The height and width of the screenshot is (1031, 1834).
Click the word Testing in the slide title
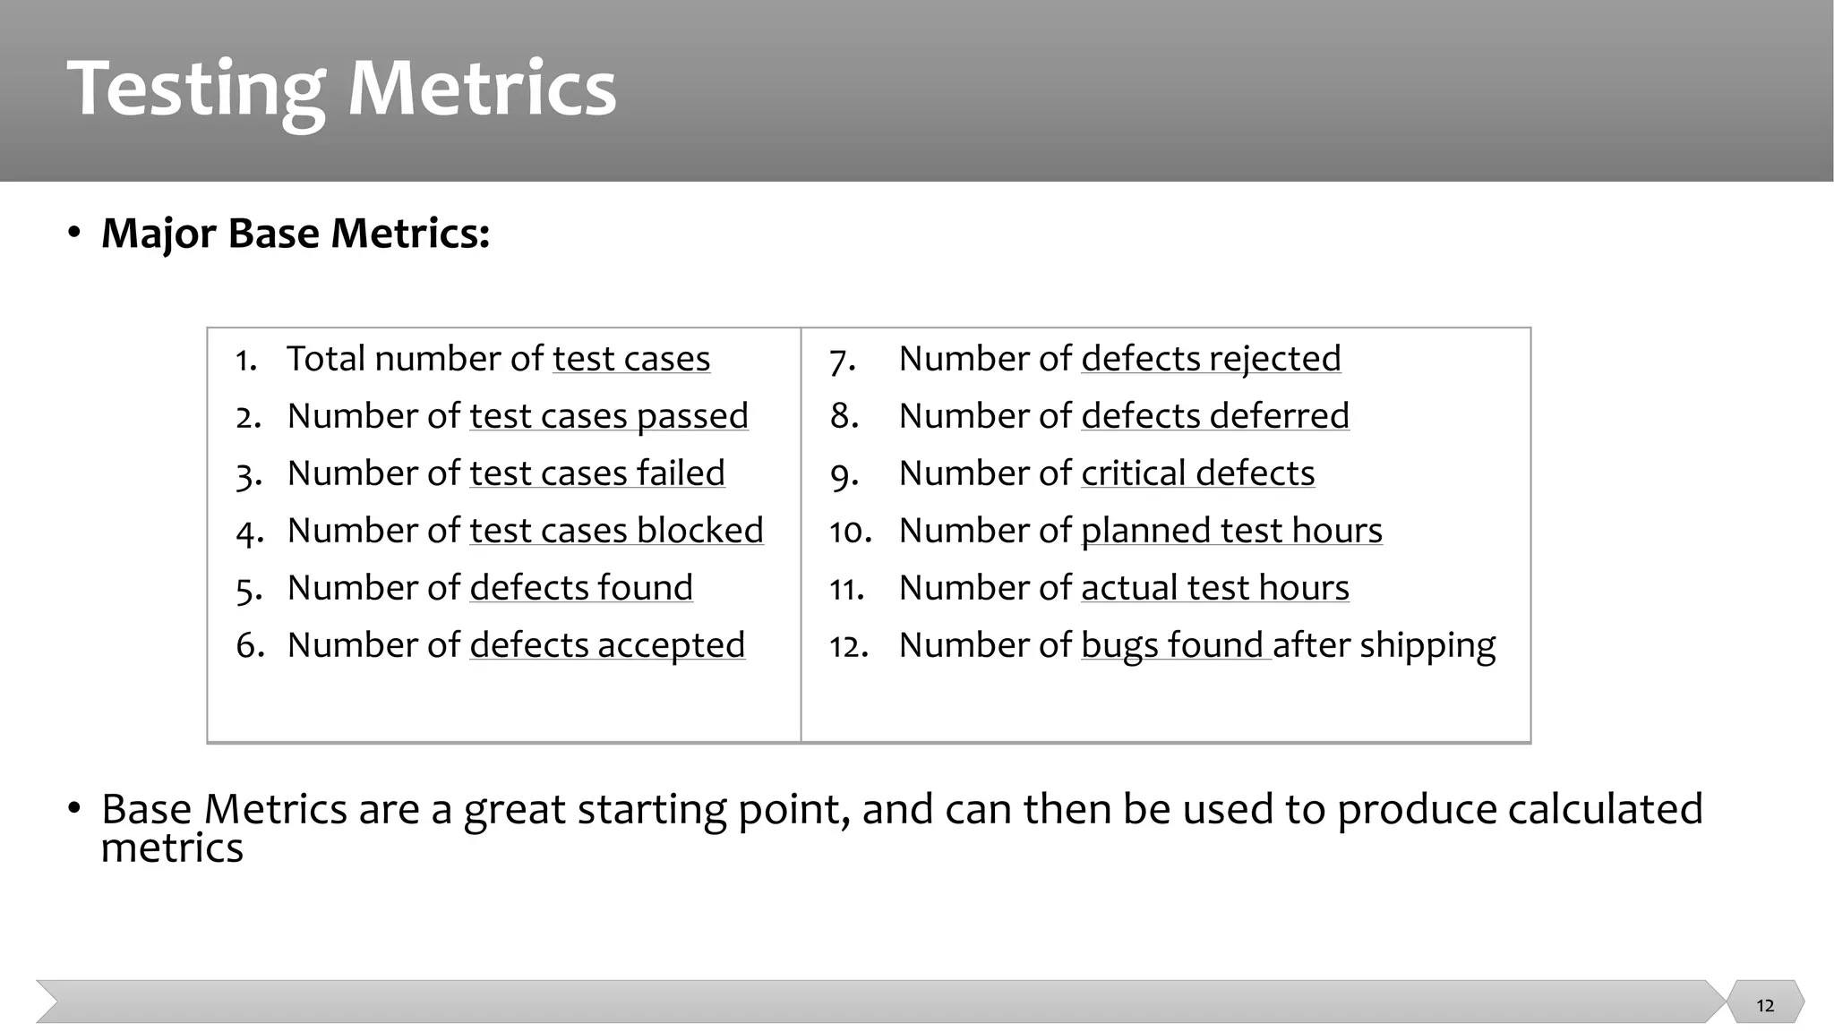coord(195,89)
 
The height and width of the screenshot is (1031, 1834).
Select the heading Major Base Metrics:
coord(296,234)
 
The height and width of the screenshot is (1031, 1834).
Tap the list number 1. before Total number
coord(246,360)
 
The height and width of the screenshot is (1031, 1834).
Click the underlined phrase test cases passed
coord(609,416)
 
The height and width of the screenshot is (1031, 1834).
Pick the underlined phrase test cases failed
coord(597,473)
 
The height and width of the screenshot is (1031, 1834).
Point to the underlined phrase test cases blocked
coord(616,531)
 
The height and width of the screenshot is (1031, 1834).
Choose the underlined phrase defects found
coord(581,588)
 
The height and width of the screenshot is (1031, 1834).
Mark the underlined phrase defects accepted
coord(607,645)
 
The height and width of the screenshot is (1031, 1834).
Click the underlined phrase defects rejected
coord(1211,359)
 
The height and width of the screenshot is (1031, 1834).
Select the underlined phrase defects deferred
coord(1215,416)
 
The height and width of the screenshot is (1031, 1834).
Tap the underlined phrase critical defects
coord(1197,473)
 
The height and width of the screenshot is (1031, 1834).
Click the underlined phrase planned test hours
coord(1231,531)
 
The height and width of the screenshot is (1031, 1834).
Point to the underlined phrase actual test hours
coord(1215,588)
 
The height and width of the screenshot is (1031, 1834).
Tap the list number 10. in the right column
coord(850,533)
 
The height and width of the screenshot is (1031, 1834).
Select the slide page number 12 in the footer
coord(1765,1005)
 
